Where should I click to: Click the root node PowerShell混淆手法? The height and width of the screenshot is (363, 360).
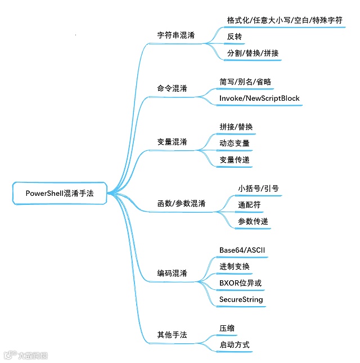(60, 192)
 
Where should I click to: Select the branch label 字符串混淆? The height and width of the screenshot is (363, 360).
(176, 35)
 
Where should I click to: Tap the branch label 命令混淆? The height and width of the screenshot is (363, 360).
(172, 89)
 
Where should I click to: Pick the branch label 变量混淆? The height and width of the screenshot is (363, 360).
(172, 141)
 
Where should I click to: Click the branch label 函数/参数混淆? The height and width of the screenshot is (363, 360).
(181, 203)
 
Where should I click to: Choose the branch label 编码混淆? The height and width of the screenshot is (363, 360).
(172, 274)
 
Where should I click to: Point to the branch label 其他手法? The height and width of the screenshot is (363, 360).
(172, 335)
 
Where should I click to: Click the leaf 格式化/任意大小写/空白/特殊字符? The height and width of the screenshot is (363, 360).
(285, 20)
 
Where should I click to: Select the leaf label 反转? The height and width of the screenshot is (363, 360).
(235, 36)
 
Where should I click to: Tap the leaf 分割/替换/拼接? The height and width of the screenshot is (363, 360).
(253, 53)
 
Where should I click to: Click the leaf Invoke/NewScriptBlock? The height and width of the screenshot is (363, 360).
(259, 98)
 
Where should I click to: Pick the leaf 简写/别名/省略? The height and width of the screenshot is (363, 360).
(245, 82)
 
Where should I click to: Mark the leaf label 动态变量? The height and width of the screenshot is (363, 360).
(235, 143)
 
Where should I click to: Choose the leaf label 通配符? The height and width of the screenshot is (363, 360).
(249, 205)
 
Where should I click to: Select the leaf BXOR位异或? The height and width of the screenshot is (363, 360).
(240, 283)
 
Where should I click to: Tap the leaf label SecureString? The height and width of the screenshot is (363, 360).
(241, 299)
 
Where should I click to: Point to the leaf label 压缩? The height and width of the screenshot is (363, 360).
(227, 328)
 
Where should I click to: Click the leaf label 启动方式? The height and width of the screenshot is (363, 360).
(235, 344)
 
